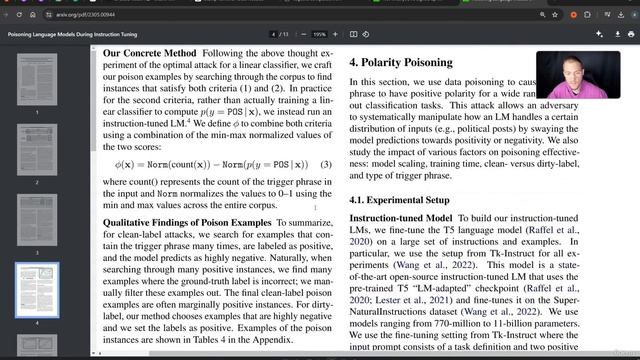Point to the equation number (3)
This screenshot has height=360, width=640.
[x=325, y=164]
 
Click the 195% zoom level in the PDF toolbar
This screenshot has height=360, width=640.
[x=319, y=34]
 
